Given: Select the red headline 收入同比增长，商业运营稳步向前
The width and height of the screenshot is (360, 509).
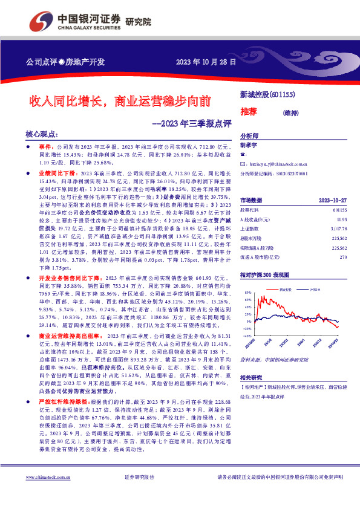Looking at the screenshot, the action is point(121,100).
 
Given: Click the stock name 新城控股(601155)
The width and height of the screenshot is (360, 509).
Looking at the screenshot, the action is point(267,94).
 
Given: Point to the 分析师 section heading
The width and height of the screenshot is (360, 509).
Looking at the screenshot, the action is point(249,136).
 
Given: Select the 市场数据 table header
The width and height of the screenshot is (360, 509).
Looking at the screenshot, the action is point(251,199).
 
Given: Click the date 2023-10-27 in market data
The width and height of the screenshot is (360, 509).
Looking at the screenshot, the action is point(332,199).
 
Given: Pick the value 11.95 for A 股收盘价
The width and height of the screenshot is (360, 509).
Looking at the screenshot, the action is point(341,219).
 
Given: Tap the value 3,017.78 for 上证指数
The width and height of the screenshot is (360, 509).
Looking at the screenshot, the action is point(338,229).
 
